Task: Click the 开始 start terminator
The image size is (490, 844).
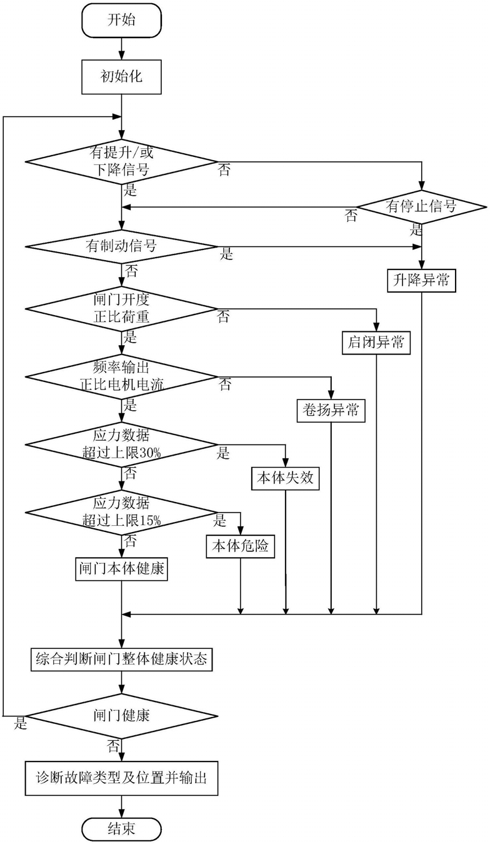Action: pos(121,21)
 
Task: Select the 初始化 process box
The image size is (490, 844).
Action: pos(121,77)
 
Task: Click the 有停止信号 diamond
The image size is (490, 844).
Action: pos(421,207)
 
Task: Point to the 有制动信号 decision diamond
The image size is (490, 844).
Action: pos(121,247)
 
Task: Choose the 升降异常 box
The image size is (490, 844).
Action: pos(421,281)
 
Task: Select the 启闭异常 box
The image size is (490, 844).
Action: pos(376,343)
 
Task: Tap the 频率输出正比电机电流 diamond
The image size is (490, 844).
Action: pos(121,376)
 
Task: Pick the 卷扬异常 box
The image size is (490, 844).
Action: pos(331,410)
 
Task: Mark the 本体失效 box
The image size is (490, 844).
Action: pos(286,478)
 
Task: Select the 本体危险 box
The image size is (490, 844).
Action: pos(240,546)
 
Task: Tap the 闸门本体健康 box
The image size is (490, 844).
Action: pos(121,568)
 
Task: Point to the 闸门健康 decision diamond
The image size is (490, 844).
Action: pos(121,715)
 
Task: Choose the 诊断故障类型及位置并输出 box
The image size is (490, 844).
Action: pos(121,778)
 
